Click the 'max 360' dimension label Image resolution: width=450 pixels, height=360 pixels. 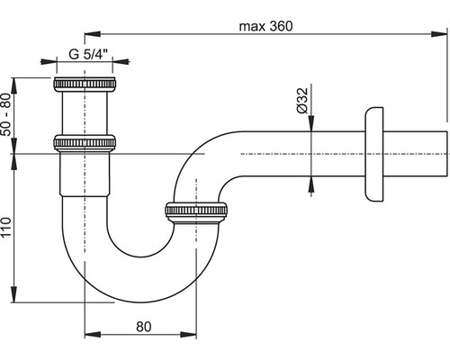pos(265,26)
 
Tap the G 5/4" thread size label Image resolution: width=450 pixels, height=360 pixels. pos(88,54)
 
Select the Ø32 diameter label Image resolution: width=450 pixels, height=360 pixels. pos(302,101)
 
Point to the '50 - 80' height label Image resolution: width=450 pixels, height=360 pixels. pos(6,114)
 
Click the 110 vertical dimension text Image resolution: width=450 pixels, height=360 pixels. pos(6,227)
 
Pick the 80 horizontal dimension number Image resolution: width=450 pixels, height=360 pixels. pos(144,327)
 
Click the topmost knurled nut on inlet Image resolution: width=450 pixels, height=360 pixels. pos(85,85)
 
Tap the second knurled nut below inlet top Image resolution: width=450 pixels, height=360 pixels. pos(85,143)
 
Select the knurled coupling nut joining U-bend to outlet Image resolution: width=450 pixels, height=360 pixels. pos(196,212)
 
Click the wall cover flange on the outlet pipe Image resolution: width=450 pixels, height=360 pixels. pos(374,155)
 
